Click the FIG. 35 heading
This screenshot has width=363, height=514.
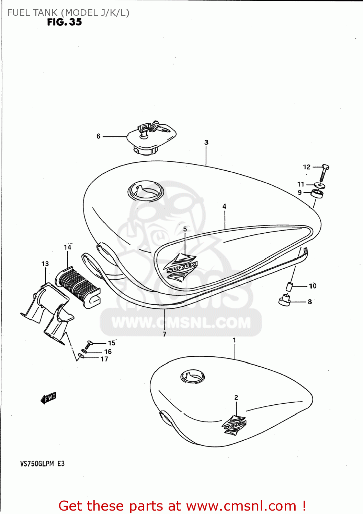pyautogui.click(x=65, y=22)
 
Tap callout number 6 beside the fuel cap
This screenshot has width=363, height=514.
pyautogui.click(x=99, y=136)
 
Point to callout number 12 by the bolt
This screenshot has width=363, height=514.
pyautogui.click(x=307, y=167)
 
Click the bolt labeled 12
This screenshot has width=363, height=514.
pyautogui.click(x=324, y=173)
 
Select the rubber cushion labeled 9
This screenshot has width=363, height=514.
pyautogui.click(x=317, y=194)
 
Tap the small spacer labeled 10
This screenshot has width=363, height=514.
pyautogui.click(x=290, y=286)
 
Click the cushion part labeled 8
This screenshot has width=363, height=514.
pyautogui.click(x=285, y=300)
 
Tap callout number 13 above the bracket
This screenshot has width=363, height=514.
pyautogui.click(x=45, y=264)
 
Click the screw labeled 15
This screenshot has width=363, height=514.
pyautogui.click(x=90, y=343)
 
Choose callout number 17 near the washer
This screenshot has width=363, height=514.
pyautogui.click(x=104, y=359)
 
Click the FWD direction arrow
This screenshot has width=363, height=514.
pyautogui.click(x=49, y=398)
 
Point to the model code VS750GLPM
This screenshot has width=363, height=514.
pyautogui.click(x=37, y=464)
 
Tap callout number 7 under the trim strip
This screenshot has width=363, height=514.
pyautogui.click(x=165, y=334)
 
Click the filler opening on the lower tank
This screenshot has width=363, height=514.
pyautogui.click(x=193, y=377)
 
